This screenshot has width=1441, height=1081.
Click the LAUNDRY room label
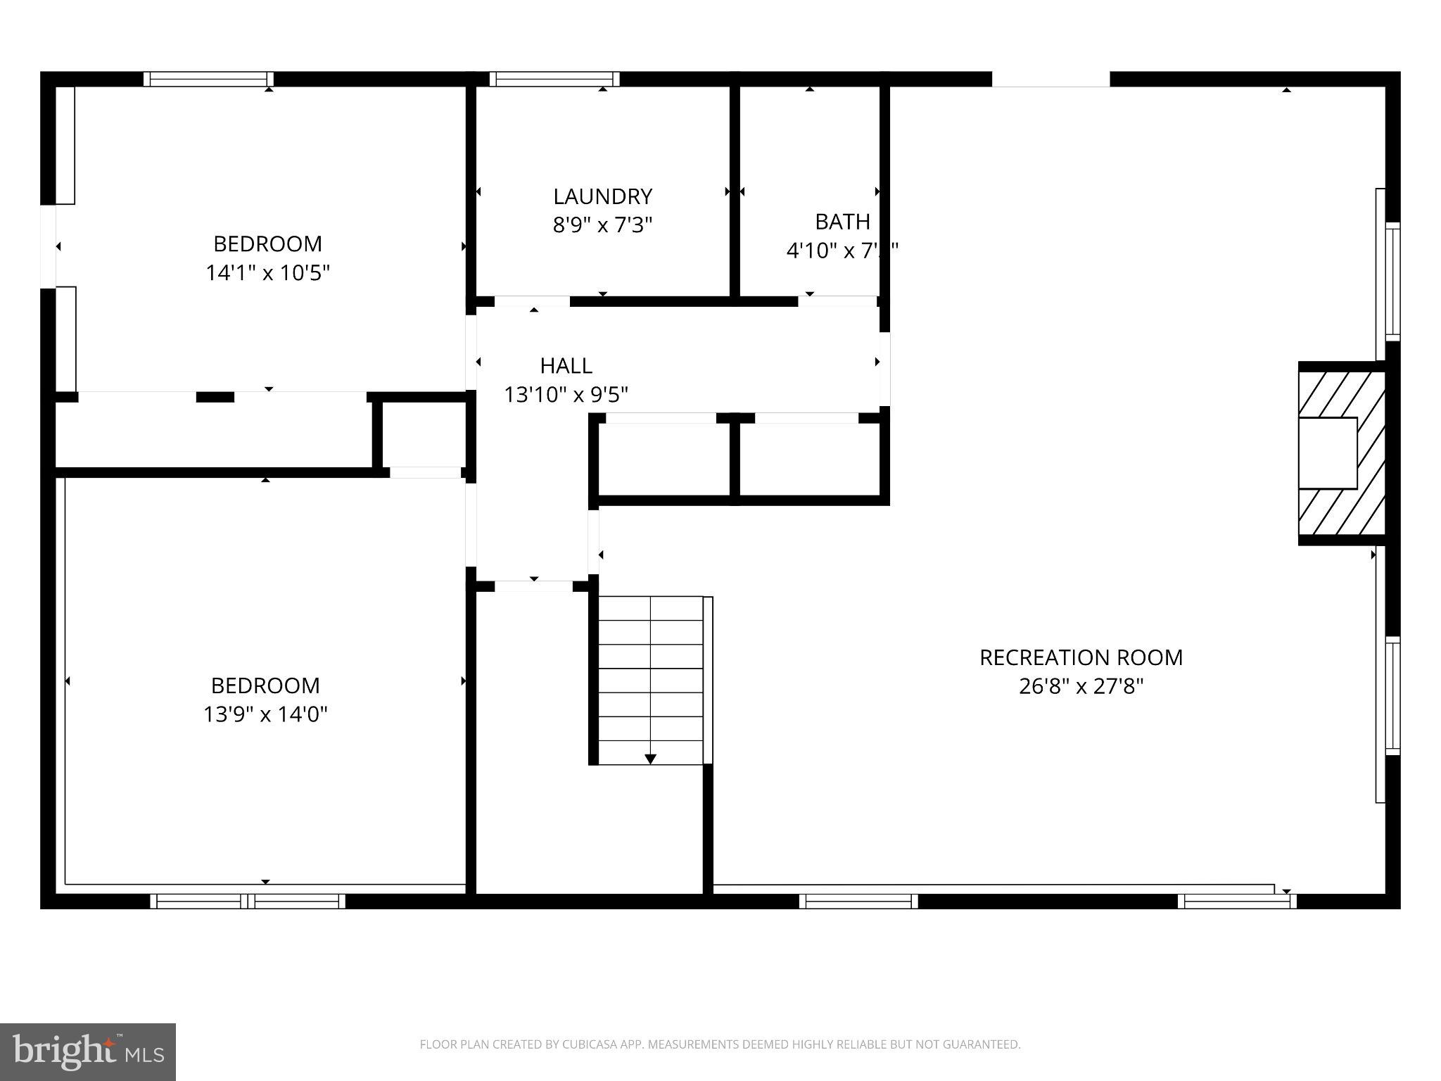point(602,196)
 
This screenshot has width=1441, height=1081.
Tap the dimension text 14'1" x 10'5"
point(267,272)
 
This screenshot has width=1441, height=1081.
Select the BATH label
point(842,222)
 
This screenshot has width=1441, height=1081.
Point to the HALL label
point(566,365)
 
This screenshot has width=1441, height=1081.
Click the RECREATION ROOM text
point(1081,657)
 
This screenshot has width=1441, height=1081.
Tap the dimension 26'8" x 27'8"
point(1081,686)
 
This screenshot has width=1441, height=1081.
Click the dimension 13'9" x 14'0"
point(265,714)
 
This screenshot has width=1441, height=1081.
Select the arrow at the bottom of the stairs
point(650,759)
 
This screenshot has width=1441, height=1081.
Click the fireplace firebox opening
point(1327,453)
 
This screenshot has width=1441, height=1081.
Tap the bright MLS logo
point(87,1051)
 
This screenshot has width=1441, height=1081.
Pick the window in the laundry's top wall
point(554,79)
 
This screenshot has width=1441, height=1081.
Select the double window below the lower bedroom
point(248,901)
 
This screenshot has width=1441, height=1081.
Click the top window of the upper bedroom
point(209,79)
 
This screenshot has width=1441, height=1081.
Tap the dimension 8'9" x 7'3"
point(602,225)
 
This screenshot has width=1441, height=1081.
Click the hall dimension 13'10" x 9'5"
point(566,394)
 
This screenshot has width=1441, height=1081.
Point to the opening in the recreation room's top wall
point(1050,80)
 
